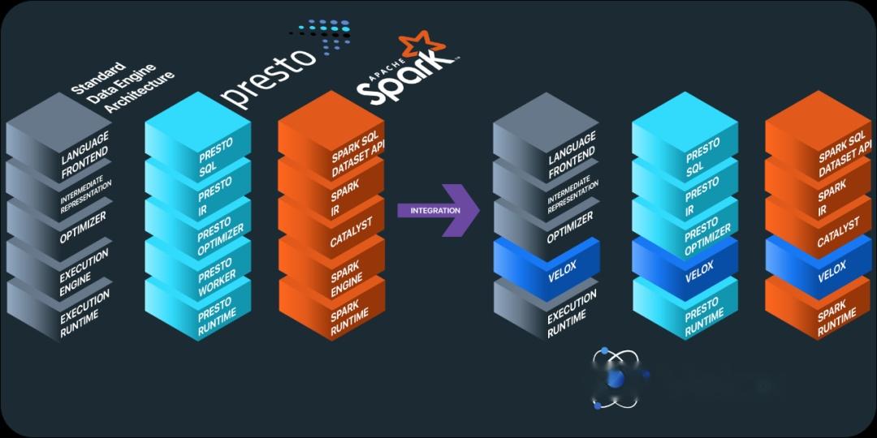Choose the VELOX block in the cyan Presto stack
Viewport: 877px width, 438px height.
coord(685,269)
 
